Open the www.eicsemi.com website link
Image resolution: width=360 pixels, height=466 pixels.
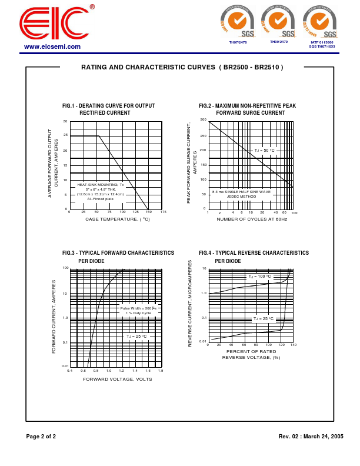[x=52, y=46]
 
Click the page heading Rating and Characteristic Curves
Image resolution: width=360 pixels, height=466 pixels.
[x=182, y=68]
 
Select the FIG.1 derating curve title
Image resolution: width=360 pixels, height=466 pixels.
[x=108, y=109]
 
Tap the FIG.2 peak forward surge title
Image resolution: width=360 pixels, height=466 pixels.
[x=248, y=109]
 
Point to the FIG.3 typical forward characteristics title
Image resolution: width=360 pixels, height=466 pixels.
[x=118, y=256]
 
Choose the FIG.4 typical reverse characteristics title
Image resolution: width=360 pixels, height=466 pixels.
[x=254, y=256]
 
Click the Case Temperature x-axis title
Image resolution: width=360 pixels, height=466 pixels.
[x=118, y=219]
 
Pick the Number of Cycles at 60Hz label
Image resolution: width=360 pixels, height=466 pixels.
[x=252, y=219]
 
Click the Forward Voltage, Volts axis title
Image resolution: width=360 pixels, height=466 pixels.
[x=118, y=379]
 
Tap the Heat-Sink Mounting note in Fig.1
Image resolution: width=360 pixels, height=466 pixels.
[x=101, y=192]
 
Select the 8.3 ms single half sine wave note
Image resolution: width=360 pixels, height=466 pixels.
[x=241, y=194]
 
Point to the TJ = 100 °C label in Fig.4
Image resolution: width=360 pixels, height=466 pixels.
[x=259, y=277]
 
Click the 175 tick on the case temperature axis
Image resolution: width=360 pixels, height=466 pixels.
[x=163, y=212]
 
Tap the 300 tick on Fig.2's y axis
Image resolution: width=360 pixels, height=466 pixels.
[x=203, y=120]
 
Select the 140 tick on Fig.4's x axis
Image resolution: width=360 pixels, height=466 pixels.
[x=293, y=345]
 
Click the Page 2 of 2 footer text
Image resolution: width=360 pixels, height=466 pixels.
[x=41, y=437]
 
